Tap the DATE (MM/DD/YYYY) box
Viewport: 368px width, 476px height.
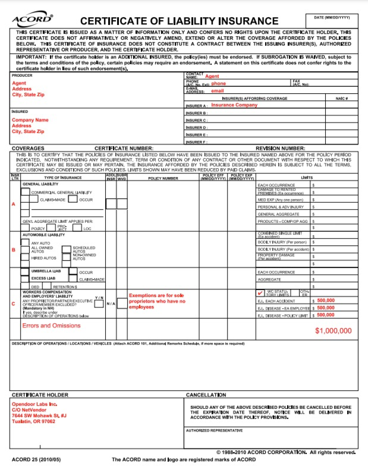pyautogui.click(x=332, y=21)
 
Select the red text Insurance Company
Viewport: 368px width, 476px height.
pyautogui.click(x=234, y=105)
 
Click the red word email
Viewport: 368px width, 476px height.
pyautogui.click(x=218, y=91)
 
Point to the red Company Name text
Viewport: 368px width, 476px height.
pyautogui.click(x=30, y=120)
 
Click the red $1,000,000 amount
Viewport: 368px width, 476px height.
pyautogui.click(x=333, y=330)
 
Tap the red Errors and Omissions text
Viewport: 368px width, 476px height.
pyautogui.click(x=51, y=326)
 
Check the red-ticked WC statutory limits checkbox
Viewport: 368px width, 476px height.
pyautogui.click(x=260, y=293)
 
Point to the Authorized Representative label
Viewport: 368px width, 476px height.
pyautogui.click(x=214, y=430)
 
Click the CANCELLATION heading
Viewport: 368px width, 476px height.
pyautogui.click(x=206, y=395)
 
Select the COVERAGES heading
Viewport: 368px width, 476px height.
pyautogui.click(x=28, y=148)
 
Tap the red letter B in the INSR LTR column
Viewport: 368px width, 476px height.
pyautogui.click(x=14, y=250)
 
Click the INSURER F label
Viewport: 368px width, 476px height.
pyautogui.click(x=196, y=142)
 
